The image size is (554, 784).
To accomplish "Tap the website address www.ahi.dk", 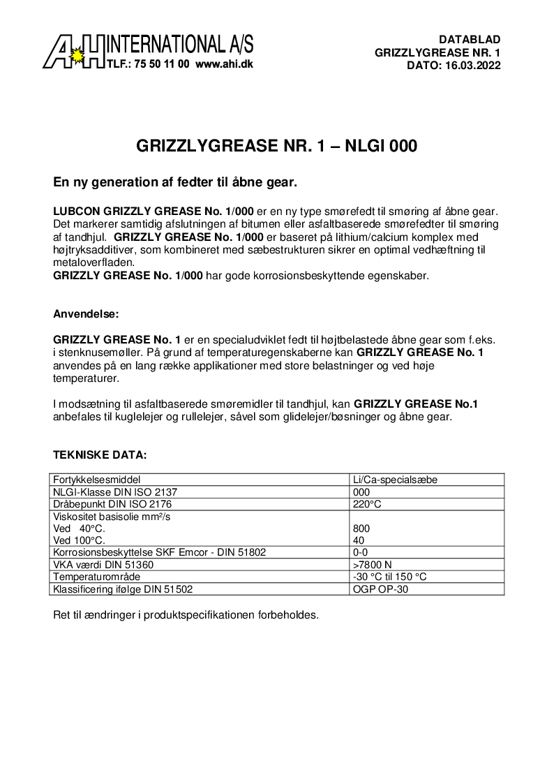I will click(224, 64).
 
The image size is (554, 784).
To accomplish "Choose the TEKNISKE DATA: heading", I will click(100, 454).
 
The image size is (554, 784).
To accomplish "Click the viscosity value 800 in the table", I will click(362, 528).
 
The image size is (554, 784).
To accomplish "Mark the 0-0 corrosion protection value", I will click(361, 552).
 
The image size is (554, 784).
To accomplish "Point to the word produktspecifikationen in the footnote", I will click(209, 616).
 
